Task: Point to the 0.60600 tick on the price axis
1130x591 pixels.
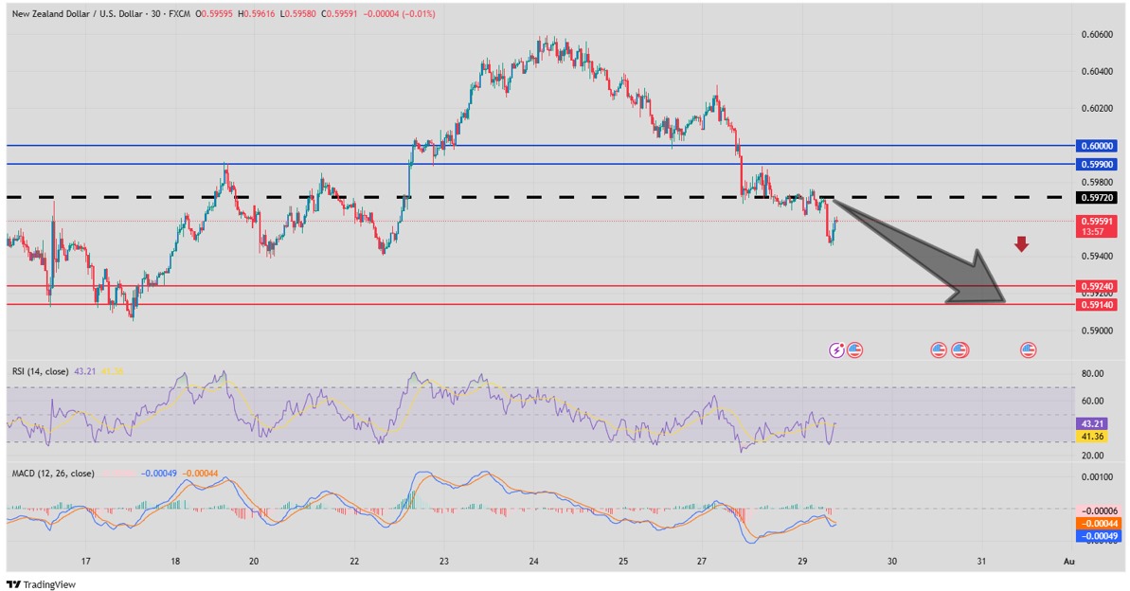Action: point(1096,35)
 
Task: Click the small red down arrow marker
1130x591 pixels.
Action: point(1021,245)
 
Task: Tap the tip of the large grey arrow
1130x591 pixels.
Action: point(1003,300)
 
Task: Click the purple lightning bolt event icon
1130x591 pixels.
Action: point(836,350)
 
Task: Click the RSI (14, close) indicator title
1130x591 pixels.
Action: point(40,371)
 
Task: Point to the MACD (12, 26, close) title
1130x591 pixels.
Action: point(53,473)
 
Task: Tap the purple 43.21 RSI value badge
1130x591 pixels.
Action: point(1092,423)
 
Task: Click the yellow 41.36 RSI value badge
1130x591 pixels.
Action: point(1092,436)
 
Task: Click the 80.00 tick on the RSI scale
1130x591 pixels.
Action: point(1092,374)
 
